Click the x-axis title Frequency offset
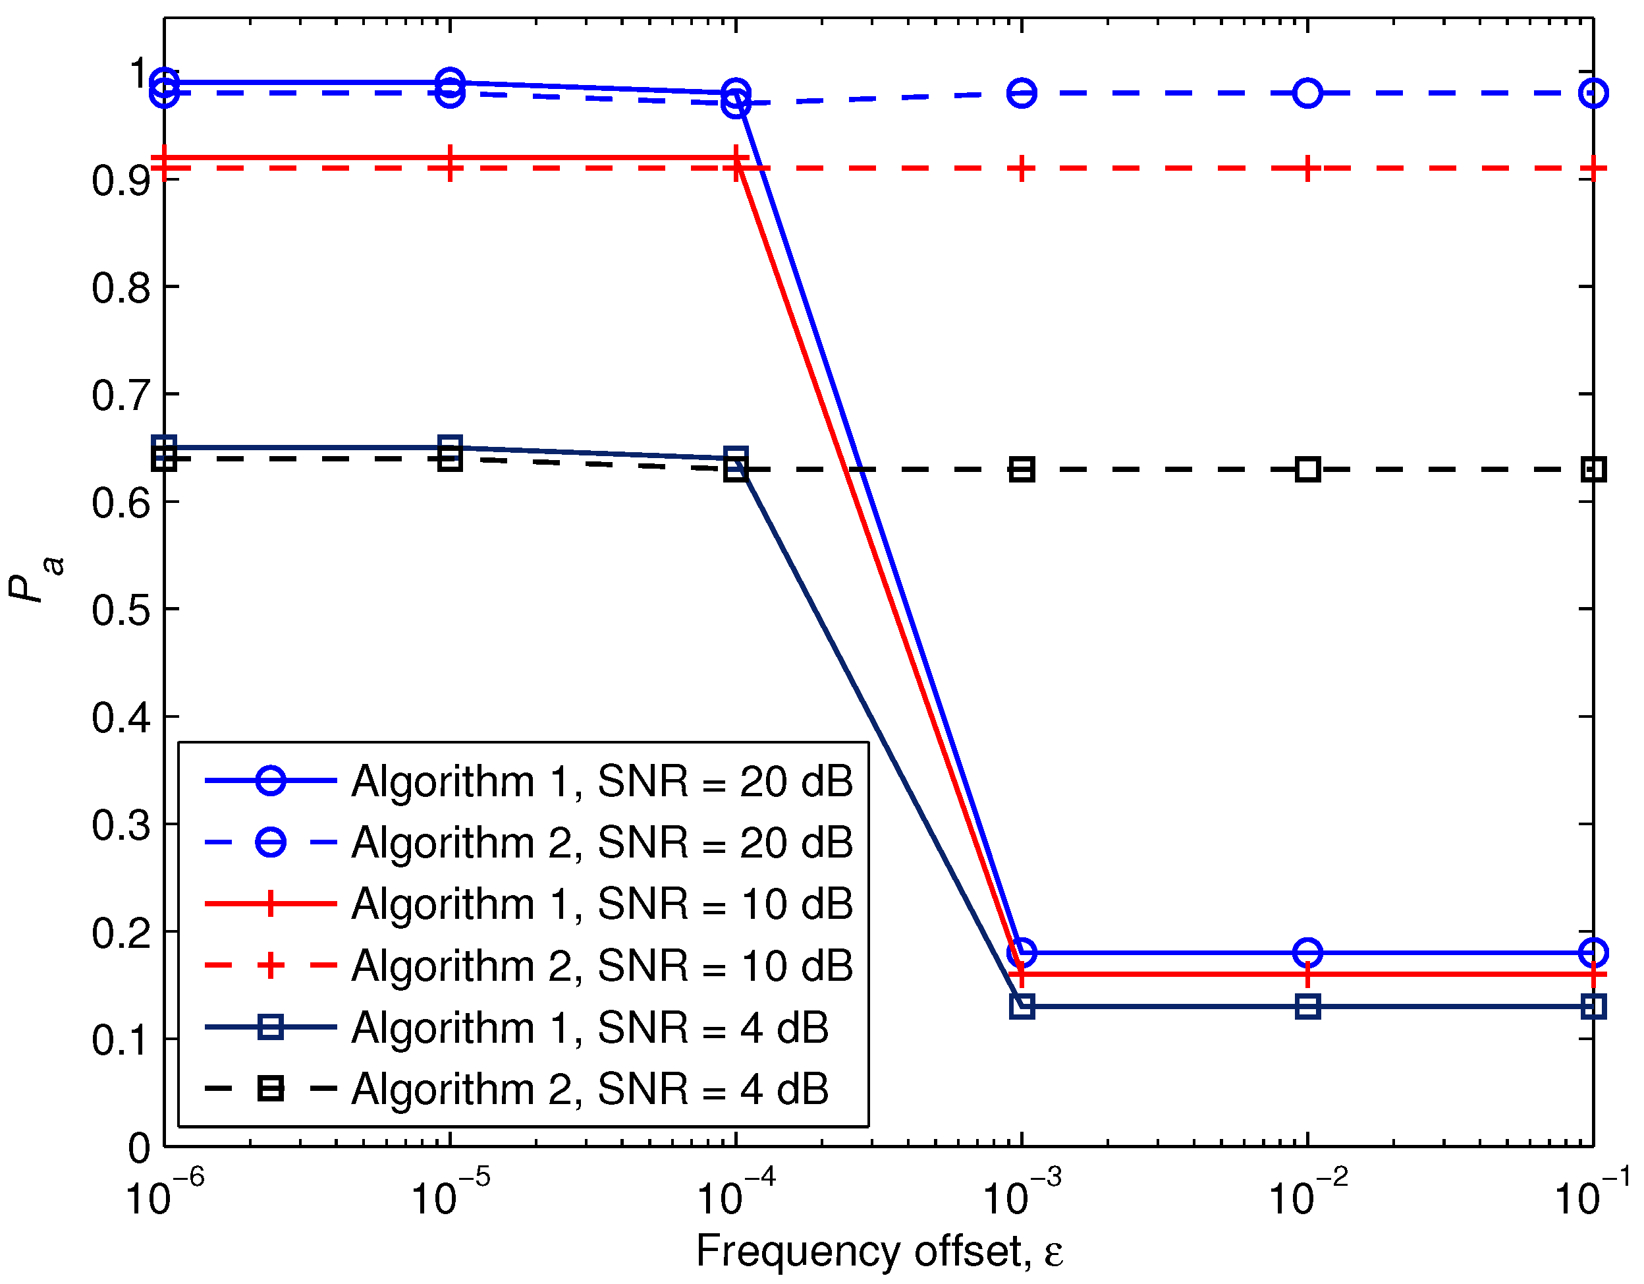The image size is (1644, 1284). tap(879, 1251)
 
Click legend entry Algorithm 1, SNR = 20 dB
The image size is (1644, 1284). tap(602, 781)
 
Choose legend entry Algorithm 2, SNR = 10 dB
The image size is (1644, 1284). tap(602, 966)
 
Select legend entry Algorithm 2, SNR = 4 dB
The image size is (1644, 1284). tap(590, 1089)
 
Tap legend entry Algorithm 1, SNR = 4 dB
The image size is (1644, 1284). tap(590, 1028)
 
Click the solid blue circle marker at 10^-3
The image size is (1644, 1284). tap(1022, 953)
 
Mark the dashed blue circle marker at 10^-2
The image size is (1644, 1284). tap(1308, 94)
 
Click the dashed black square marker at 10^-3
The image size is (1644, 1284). tap(1022, 470)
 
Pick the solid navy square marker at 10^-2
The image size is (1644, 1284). tap(1308, 1006)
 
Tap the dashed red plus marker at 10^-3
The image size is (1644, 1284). tap(1022, 168)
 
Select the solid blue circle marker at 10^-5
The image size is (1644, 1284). tap(450, 82)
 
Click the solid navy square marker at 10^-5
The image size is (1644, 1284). tap(450, 447)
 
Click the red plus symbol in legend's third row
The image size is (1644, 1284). tap(270, 904)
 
